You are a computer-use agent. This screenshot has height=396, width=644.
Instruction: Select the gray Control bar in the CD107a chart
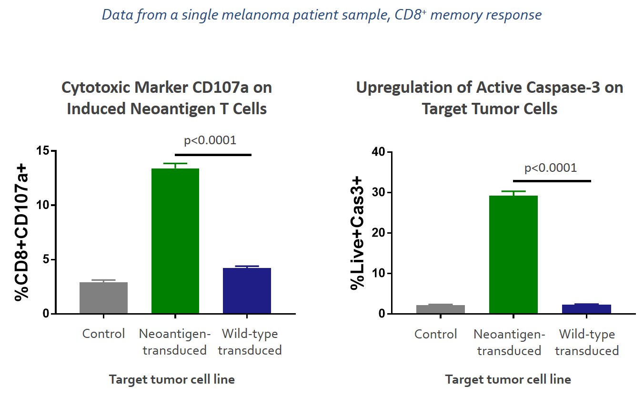[x=103, y=298]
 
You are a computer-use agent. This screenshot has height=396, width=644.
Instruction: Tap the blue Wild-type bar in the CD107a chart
[x=247, y=291]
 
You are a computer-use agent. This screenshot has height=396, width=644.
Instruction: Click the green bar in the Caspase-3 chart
[x=513, y=255]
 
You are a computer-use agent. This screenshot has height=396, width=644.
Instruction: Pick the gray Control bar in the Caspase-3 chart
[x=441, y=309]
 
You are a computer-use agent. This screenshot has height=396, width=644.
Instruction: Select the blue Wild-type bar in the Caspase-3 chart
[x=586, y=309]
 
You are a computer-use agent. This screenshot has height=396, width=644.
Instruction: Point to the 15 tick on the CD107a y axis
[x=44, y=151]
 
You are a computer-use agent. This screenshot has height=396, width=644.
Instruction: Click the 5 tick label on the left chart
[x=47, y=260]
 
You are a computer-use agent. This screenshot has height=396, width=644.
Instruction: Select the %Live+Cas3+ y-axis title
[x=357, y=233]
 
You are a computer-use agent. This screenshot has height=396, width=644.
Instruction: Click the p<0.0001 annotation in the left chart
[x=210, y=140]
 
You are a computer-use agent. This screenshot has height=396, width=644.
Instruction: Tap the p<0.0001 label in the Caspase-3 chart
[x=550, y=168]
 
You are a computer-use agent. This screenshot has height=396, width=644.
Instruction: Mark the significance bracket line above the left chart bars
[x=213, y=155]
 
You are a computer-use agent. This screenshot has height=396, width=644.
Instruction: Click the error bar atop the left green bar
[x=175, y=165]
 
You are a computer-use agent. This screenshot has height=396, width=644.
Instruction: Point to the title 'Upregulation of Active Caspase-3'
[x=489, y=88]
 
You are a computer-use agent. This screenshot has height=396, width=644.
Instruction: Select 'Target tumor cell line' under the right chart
[x=508, y=379]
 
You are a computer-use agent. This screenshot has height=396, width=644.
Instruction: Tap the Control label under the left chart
[x=103, y=334]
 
